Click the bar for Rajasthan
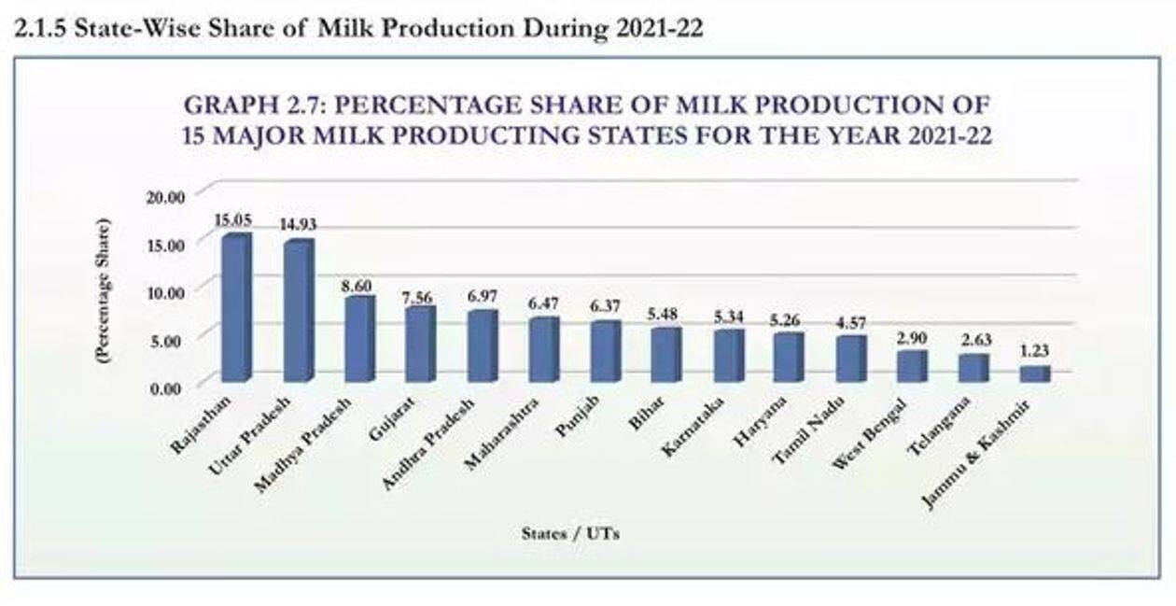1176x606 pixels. [x=235, y=308]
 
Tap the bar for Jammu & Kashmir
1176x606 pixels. [x=1033, y=373]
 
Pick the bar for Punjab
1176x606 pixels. [x=604, y=351]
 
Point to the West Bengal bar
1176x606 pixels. [x=911, y=366]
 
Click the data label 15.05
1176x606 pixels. [x=233, y=220]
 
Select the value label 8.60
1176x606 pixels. [x=357, y=283]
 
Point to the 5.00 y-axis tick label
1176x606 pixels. [x=171, y=340]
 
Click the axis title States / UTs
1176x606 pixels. [x=570, y=534]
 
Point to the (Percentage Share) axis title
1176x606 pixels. [x=105, y=290]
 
